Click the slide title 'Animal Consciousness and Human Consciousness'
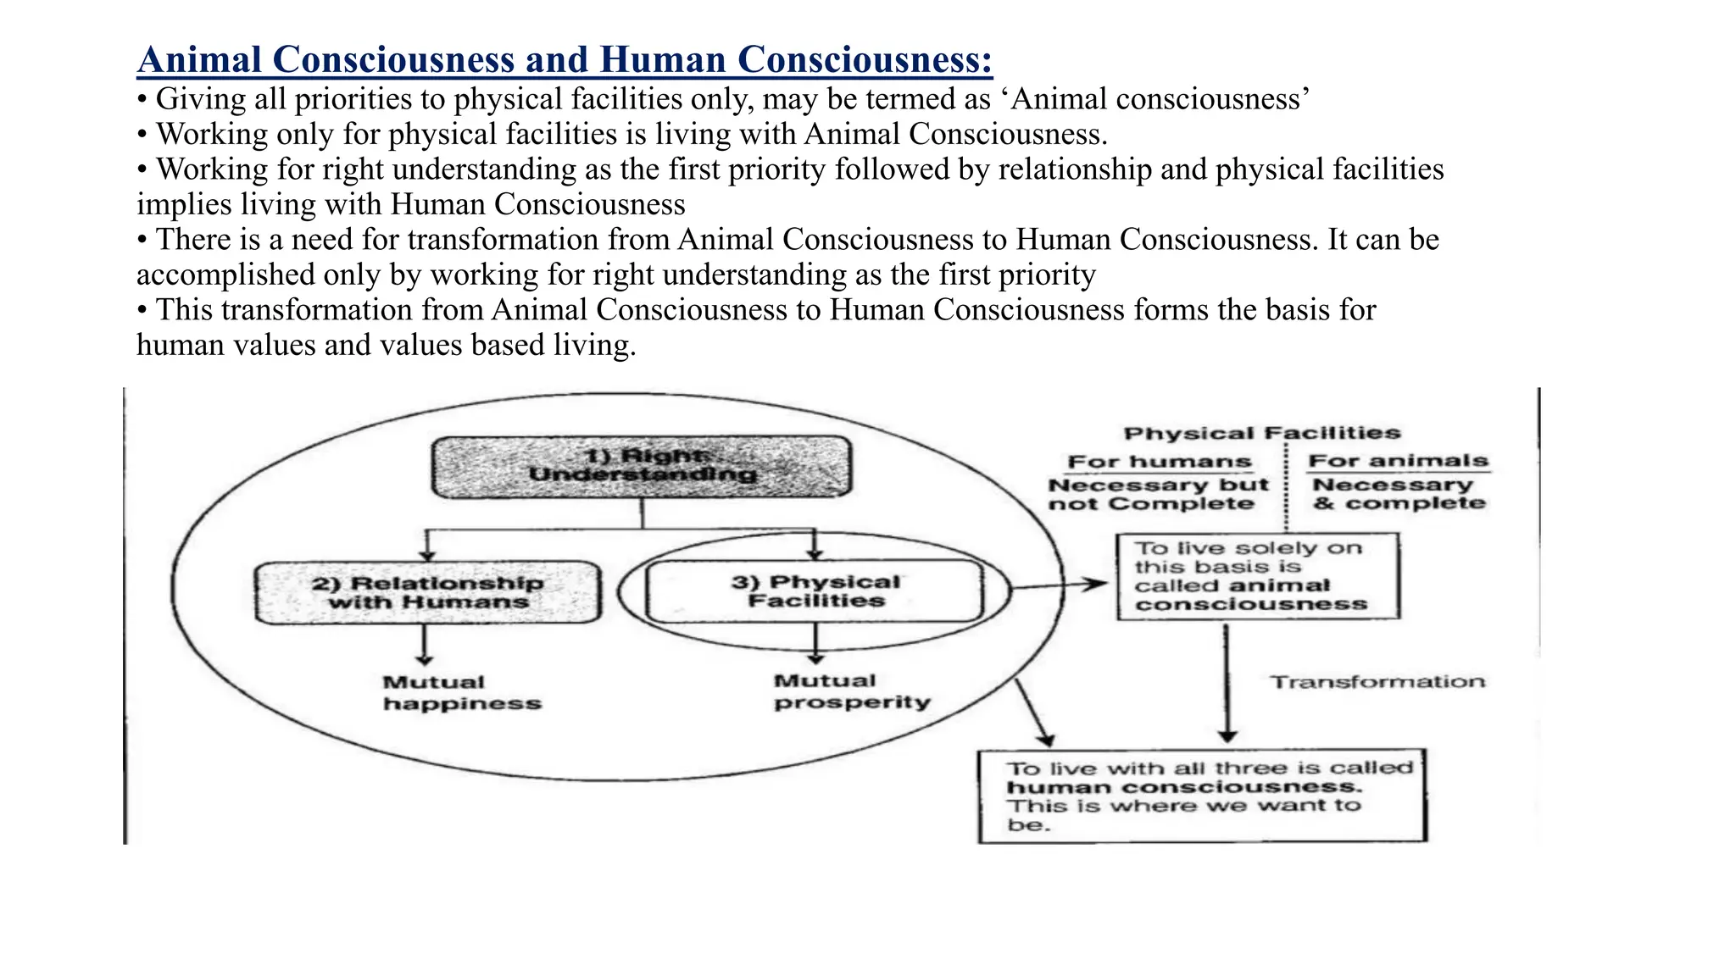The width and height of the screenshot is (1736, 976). [565, 60]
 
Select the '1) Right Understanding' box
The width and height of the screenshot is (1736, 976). [642, 466]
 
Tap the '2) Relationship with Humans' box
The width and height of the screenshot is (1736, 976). [428, 592]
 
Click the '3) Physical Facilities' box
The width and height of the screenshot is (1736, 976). [815, 591]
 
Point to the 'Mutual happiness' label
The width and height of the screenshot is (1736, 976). [462, 693]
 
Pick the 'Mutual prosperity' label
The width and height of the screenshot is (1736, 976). [852, 691]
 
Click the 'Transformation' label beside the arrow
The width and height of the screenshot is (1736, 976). [1377, 682]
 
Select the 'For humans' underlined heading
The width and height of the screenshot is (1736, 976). [1160, 462]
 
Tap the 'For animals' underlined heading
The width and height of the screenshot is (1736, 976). [1399, 461]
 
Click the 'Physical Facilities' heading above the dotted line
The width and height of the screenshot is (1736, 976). [1262, 433]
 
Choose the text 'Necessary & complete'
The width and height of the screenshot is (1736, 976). [1399, 494]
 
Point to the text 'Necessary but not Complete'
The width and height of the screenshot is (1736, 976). [1158, 495]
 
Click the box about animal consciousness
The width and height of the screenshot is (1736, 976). [1258, 576]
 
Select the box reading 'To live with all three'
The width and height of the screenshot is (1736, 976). [1202, 796]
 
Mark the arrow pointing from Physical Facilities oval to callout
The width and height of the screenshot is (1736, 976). [1060, 585]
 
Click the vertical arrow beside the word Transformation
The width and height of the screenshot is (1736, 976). [1227, 683]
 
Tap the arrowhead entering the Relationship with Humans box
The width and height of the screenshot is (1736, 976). [427, 555]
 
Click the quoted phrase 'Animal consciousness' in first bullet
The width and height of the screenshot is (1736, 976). [1161, 99]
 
